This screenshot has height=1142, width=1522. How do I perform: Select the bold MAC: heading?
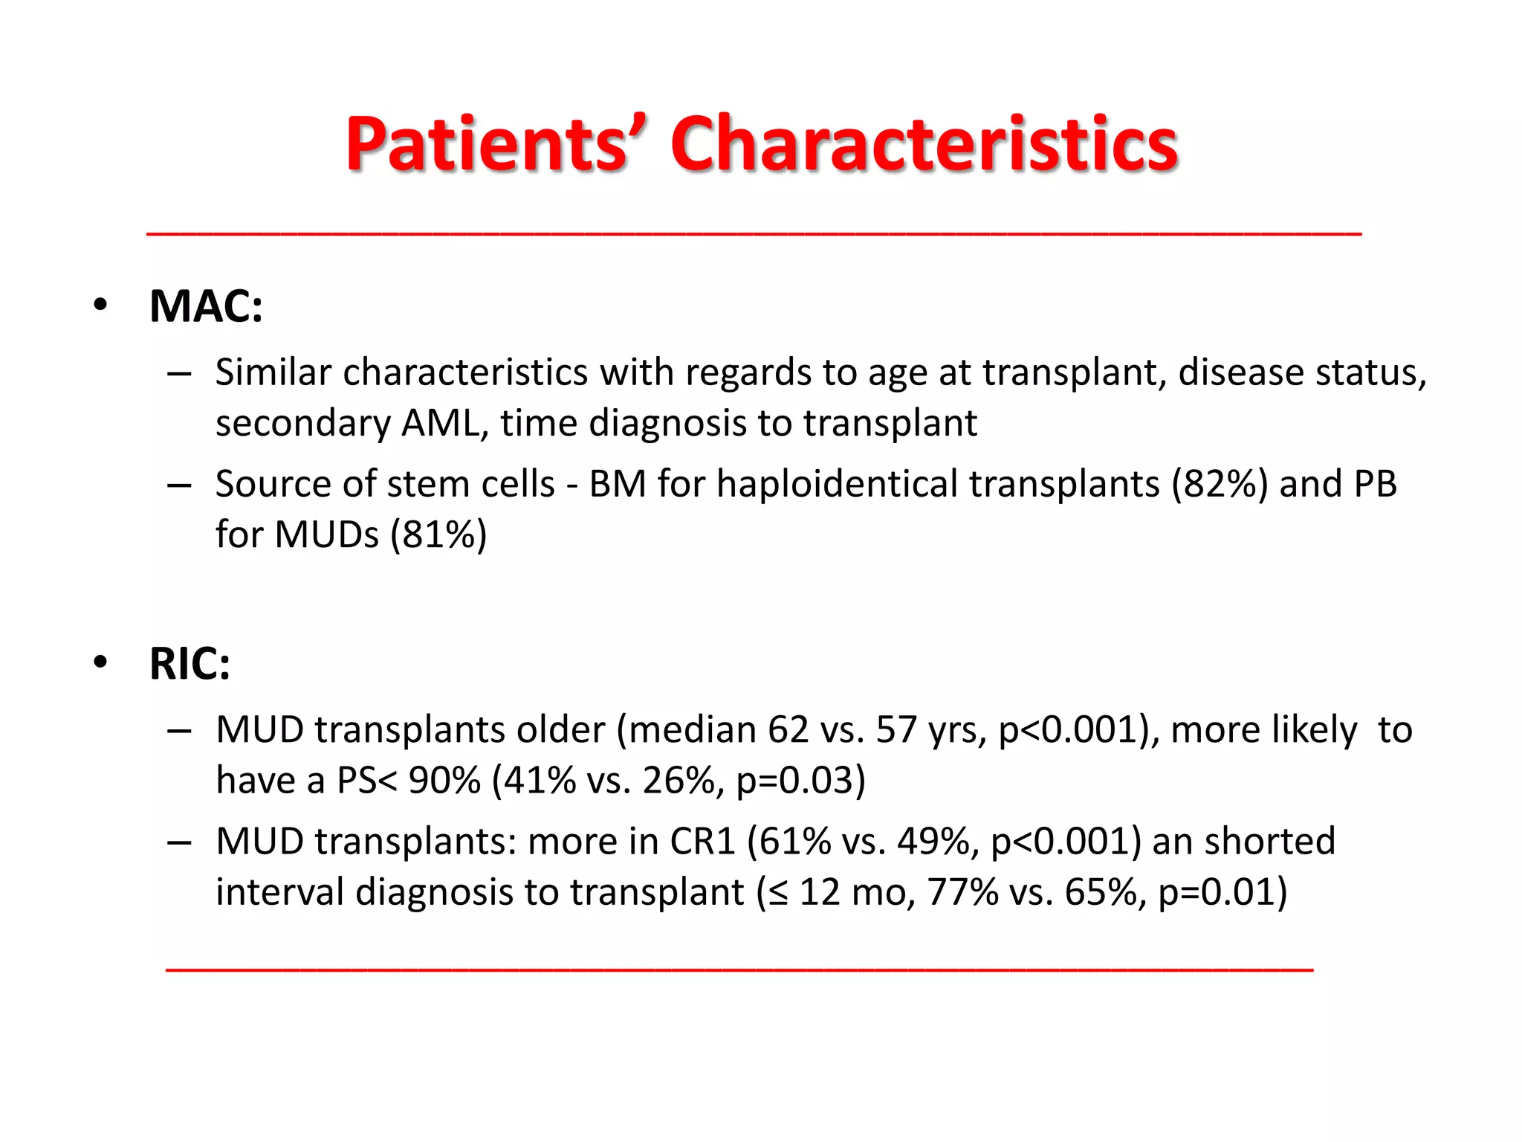point(206,306)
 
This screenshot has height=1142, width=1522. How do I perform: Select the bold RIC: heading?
point(190,664)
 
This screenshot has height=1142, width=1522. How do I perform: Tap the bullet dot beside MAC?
point(100,305)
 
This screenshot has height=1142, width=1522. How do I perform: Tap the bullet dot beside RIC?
point(100,662)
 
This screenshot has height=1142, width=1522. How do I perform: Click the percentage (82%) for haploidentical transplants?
point(1220,484)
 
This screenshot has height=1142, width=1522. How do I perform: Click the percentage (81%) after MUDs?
point(438,535)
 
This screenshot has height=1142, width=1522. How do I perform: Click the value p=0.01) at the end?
point(1223,892)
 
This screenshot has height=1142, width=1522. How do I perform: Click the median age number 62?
point(788,730)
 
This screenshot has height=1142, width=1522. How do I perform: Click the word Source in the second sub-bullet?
point(272,484)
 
